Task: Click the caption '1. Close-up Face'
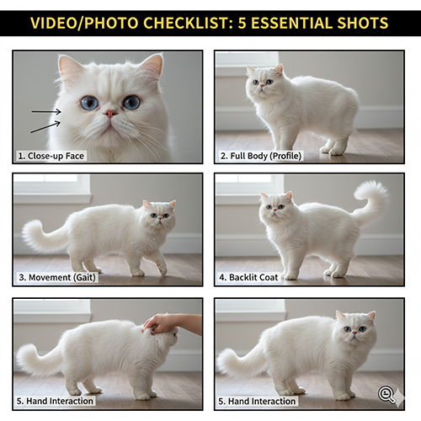click(51, 156)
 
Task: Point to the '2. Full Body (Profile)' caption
click(261, 156)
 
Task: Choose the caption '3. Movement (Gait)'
click(57, 277)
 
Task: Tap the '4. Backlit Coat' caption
click(248, 277)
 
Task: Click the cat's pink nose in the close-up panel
click(110, 114)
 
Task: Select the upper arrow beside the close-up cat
click(46, 112)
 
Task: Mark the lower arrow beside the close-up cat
click(45, 127)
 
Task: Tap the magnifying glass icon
click(386, 394)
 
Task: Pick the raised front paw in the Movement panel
click(163, 269)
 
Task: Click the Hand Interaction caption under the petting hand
click(55, 401)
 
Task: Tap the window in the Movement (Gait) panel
click(52, 188)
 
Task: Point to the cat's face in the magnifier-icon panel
click(354, 328)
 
